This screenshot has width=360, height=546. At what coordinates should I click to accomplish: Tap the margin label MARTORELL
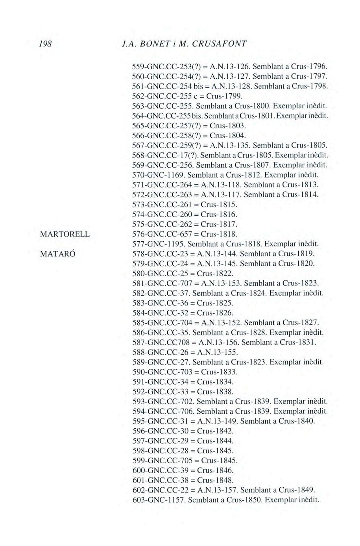point(65,234)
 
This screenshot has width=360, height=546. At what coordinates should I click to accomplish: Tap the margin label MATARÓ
point(57,254)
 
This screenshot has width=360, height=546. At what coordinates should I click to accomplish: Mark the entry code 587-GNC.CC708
point(162,342)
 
